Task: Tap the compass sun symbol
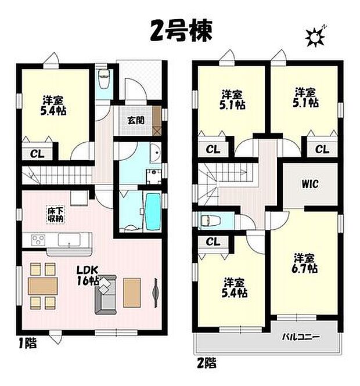316,37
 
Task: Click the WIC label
309,185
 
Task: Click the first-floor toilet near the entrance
105,79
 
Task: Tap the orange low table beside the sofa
132,288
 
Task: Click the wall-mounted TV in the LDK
156,288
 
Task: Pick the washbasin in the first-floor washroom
155,154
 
